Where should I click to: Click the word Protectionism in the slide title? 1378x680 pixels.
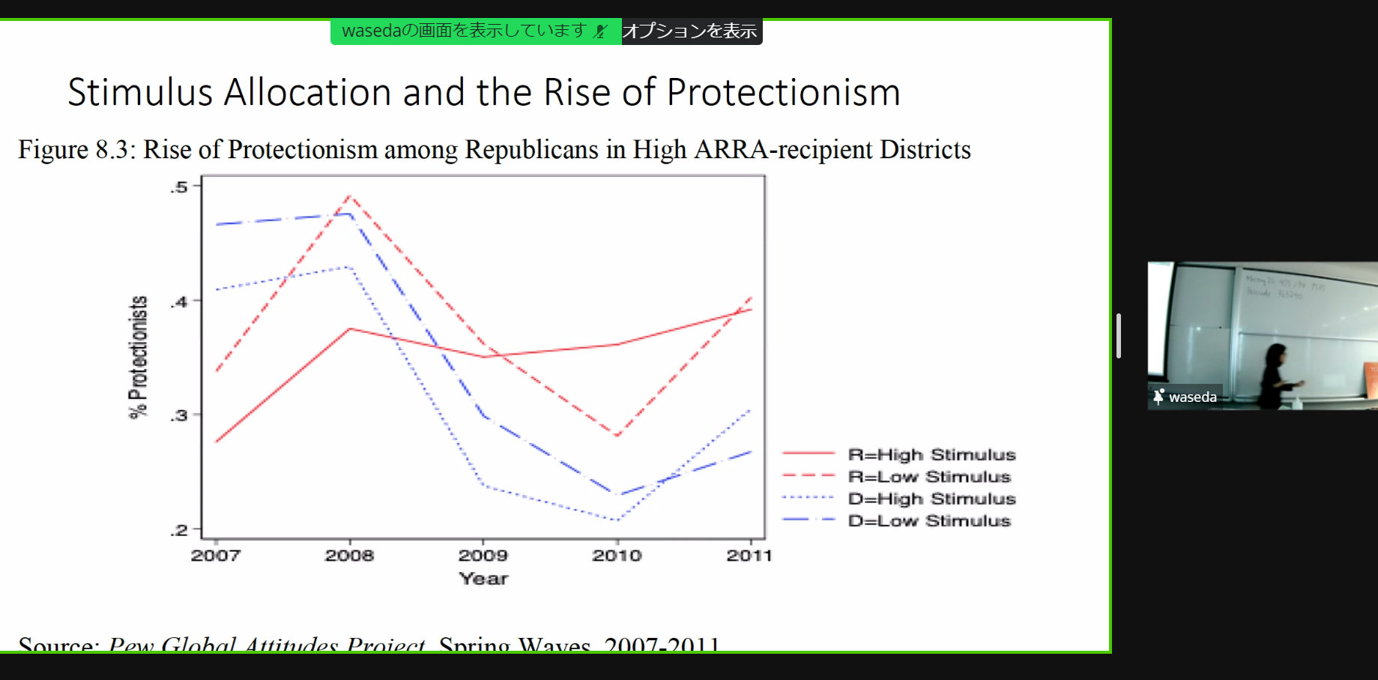point(783,93)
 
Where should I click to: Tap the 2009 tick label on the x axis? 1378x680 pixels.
point(483,556)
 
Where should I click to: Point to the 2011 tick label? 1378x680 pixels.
point(749,556)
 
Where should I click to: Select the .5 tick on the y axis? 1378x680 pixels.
point(178,187)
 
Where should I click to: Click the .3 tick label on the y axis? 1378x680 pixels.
point(178,415)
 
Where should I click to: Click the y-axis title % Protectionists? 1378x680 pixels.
point(139,357)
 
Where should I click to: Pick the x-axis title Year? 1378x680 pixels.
point(483,579)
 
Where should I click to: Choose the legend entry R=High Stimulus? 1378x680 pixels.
point(931,454)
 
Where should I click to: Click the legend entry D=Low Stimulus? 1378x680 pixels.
point(929,520)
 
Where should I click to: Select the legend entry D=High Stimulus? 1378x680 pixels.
point(931,499)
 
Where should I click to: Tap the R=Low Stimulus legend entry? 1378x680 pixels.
point(929,477)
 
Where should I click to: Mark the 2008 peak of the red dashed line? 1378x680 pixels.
point(350,196)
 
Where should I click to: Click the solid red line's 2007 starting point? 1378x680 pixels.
point(216,442)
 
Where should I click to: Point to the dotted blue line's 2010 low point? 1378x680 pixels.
point(617,520)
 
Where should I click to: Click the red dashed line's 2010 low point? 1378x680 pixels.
point(617,436)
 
